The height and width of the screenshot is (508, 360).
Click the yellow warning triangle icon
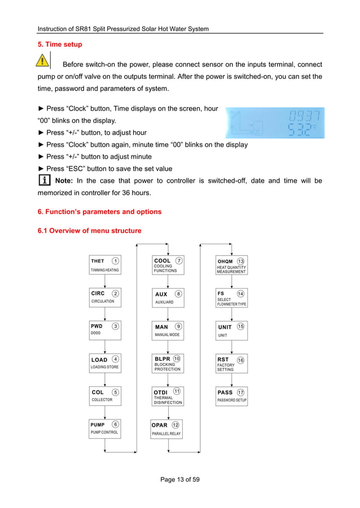click(x=41, y=60)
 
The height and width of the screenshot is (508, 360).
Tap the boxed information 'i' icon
click(x=41, y=181)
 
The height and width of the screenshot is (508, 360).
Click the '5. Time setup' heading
click(x=59, y=44)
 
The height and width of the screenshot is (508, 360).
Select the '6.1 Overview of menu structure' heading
click(x=89, y=231)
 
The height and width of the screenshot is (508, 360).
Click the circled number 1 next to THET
click(x=115, y=261)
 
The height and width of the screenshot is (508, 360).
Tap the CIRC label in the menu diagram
click(x=98, y=293)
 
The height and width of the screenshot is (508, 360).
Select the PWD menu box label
click(x=97, y=326)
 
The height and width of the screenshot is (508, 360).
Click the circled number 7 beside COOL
click(x=179, y=260)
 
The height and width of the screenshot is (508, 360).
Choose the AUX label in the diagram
click(x=161, y=294)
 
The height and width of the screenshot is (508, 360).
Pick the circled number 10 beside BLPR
click(x=177, y=359)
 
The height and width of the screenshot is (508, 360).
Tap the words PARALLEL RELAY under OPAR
click(x=166, y=434)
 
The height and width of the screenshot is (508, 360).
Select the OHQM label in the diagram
click(x=225, y=262)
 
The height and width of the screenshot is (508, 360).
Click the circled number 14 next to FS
click(x=240, y=294)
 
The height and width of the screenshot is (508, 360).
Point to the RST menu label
click(x=223, y=359)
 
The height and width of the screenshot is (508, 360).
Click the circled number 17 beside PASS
click(x=241, y=392)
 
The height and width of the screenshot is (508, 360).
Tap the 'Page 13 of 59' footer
click(x=180, y=480)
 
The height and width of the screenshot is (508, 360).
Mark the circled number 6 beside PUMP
click(x=115, y=425)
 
